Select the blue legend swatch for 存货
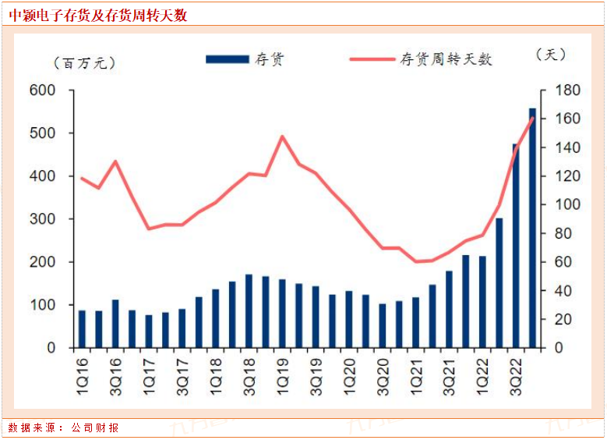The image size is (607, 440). (227, 59)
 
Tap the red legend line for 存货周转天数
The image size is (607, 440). (371, 59)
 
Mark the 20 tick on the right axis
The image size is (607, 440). (558, 320)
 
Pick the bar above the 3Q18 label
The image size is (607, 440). (249, 311)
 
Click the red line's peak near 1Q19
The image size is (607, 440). (282, 137)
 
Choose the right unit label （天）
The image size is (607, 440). (550, 55)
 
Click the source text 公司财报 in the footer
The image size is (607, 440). (95, 428)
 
